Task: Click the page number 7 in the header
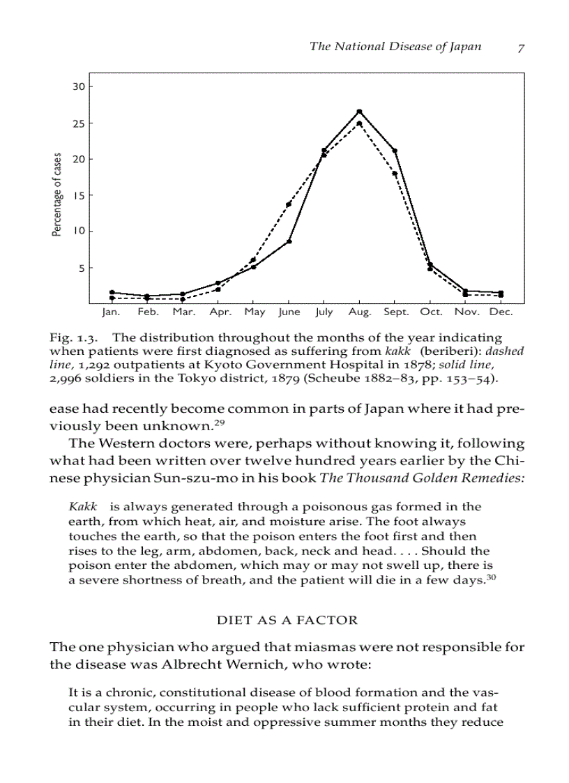521,47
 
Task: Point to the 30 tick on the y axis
79,86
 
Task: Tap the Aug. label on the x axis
360,312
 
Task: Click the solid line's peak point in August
359,111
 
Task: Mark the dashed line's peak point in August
359,123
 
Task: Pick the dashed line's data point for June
288,204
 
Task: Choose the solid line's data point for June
289,241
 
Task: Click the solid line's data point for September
395,151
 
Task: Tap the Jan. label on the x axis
112,312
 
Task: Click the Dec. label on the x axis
501,312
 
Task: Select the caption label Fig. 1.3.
69,337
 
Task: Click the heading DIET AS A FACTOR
287,620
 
